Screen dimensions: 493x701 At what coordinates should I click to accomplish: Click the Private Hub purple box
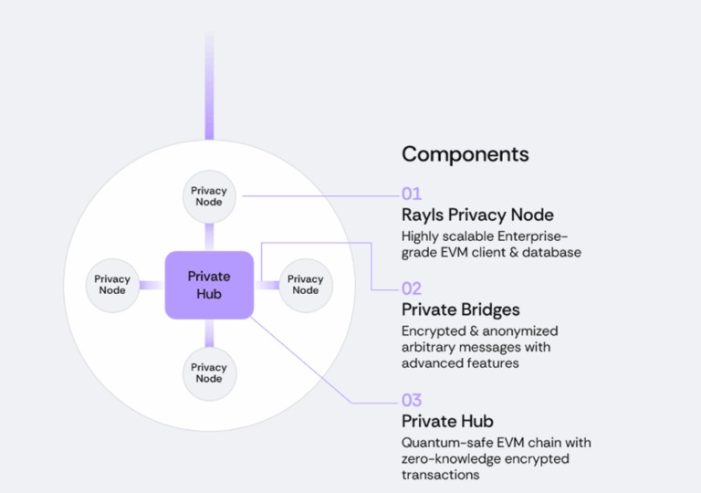point(209,285)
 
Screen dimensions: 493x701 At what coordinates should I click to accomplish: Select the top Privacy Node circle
point(209,196)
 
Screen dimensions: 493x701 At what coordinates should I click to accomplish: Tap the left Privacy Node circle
point(112,285)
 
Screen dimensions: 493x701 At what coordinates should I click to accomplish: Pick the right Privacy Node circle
point(305,285)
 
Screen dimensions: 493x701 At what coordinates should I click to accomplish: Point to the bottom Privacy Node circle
point(209,372)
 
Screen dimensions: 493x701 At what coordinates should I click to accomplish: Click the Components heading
point(466,153)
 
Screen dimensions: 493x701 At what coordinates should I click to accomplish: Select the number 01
point(412,194)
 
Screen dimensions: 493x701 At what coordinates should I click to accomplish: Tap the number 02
point(412,288)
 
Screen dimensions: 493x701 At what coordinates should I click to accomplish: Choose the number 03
point(412,400)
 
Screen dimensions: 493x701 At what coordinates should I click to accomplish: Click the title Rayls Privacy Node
point(477,215)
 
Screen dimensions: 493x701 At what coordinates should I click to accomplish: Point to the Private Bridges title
point(461,309)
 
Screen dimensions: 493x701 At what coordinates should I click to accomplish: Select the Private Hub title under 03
point(447,421)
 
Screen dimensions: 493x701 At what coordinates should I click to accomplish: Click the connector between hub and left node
point(152,285)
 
